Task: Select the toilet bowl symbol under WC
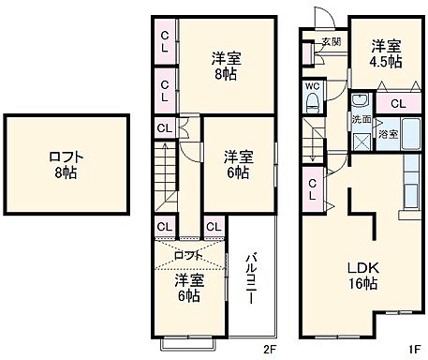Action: point(313,106)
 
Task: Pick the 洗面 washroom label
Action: point(362,120)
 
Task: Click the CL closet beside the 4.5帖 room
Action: point(397,103)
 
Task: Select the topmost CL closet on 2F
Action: point(165,42)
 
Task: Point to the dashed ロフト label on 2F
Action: point(188,255)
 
